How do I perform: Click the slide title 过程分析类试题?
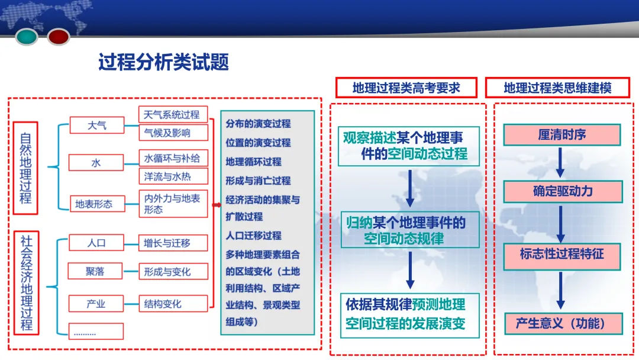(x=163, y=62)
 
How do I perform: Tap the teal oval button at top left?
(x=27, y=37)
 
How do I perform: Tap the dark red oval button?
(x=59, y=37)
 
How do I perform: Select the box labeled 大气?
(x=96, y=125)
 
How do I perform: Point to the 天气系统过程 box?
(x=172, y=114)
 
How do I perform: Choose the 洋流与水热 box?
(x=172, y=176)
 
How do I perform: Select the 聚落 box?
(x=95, y=272)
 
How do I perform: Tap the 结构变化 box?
(x=172, y=304)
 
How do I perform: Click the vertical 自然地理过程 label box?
(x=25, y=168)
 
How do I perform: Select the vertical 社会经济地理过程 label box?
(x=26, y=283)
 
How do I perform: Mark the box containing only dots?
(x=96, y=332)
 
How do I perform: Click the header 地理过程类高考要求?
(x=406, y=88)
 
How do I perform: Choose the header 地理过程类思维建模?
(x=557, y=88)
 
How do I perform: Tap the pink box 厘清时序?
(x=561, y=135)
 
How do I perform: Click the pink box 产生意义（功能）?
(x=561, y=323)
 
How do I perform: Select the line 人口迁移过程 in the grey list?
(x=253, y=236)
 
